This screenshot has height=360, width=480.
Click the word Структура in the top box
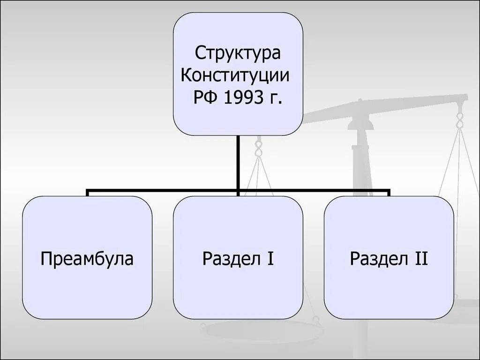238,52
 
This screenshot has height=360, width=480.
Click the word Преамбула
87,258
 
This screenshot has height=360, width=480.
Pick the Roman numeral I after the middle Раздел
271,258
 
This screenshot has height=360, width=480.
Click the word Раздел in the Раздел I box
231,258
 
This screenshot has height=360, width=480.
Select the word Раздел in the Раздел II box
379,258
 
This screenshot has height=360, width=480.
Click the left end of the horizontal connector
88,191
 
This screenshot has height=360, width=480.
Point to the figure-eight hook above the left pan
257,149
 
